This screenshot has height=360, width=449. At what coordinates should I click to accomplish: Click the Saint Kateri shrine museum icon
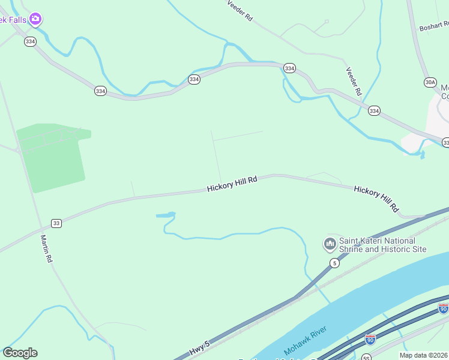(330, 244)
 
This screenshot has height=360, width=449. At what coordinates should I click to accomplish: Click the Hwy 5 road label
(199, 348)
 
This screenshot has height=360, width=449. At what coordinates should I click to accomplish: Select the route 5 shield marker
(334, 263)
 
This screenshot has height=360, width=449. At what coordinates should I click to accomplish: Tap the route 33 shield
(56, 223)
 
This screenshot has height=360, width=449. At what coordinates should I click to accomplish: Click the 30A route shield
(430, 82)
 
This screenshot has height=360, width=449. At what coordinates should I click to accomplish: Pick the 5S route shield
(367, 358)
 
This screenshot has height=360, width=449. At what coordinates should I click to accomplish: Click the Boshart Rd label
(434, 26)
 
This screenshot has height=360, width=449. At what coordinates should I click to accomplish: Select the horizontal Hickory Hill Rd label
(232, 184)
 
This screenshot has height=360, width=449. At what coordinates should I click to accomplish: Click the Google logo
(20, 353)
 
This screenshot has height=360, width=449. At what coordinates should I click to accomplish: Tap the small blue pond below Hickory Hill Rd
(166, 214)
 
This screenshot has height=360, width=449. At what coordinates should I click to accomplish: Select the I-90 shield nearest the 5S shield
(371, 340)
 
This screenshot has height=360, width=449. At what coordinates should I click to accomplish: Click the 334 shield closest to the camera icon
(31, 41)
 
